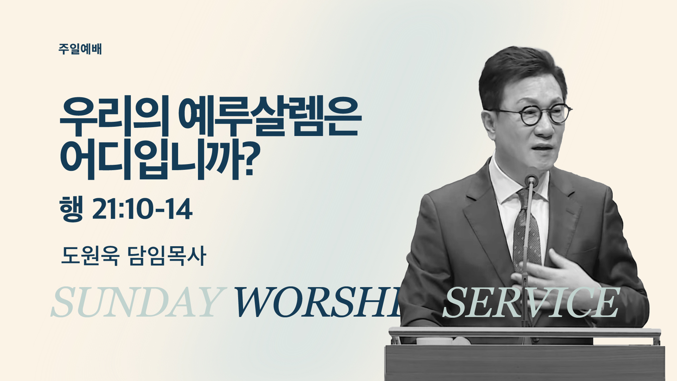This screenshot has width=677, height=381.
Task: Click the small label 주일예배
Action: click(x=80, y=49)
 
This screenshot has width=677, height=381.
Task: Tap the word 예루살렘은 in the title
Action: click(x=270, y=116)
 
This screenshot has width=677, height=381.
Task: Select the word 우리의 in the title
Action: click(x=114, y=116)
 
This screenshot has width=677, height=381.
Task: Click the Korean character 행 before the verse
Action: click(x=72, y=209)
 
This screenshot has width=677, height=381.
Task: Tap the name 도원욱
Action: click(x=90, y=255)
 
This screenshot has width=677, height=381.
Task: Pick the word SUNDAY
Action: click(x=138, y=302)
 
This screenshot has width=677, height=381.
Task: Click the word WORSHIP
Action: click(x=317, y=302)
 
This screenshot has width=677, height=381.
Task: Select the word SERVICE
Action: click(x=531, y=302)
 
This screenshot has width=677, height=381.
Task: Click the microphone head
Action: click(x=531, y=181)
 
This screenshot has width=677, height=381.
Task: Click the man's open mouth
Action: click(x=543, y=148)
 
